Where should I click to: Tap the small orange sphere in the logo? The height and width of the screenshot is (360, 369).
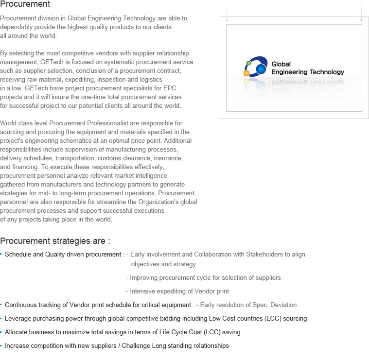(246, 73)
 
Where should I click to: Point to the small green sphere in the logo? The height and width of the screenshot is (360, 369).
(249, 63)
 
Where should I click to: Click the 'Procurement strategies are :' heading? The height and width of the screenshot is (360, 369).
(55, 241)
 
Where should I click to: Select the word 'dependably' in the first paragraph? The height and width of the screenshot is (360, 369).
(16, 27)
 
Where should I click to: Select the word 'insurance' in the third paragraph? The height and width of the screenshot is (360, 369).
(168, 158)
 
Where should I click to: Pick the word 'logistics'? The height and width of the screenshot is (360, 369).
(149, 79)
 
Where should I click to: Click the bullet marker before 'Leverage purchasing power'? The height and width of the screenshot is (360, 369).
(1, 318)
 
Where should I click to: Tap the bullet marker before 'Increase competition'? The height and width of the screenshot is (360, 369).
(1, 345)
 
